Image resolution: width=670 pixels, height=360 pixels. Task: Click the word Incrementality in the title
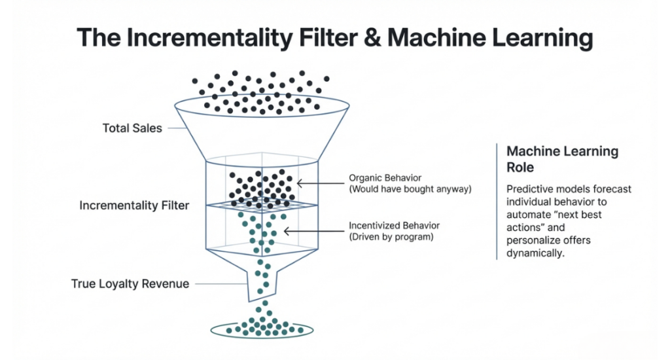point(207,37)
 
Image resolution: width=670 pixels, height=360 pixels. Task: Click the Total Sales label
point(132,128)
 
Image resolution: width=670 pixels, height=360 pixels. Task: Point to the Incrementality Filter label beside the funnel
point(134,206)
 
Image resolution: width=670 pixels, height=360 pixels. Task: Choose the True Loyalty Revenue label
point(130,284)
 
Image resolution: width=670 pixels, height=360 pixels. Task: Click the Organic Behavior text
point(385,178)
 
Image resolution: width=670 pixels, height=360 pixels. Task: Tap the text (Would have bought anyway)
point(410,190)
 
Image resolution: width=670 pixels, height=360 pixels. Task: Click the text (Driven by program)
point(391,237)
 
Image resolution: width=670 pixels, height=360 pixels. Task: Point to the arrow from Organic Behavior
point(321,183)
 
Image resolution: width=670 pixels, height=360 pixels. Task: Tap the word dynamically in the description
point(535,253)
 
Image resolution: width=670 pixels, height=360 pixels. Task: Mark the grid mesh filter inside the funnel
point(262,206)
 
